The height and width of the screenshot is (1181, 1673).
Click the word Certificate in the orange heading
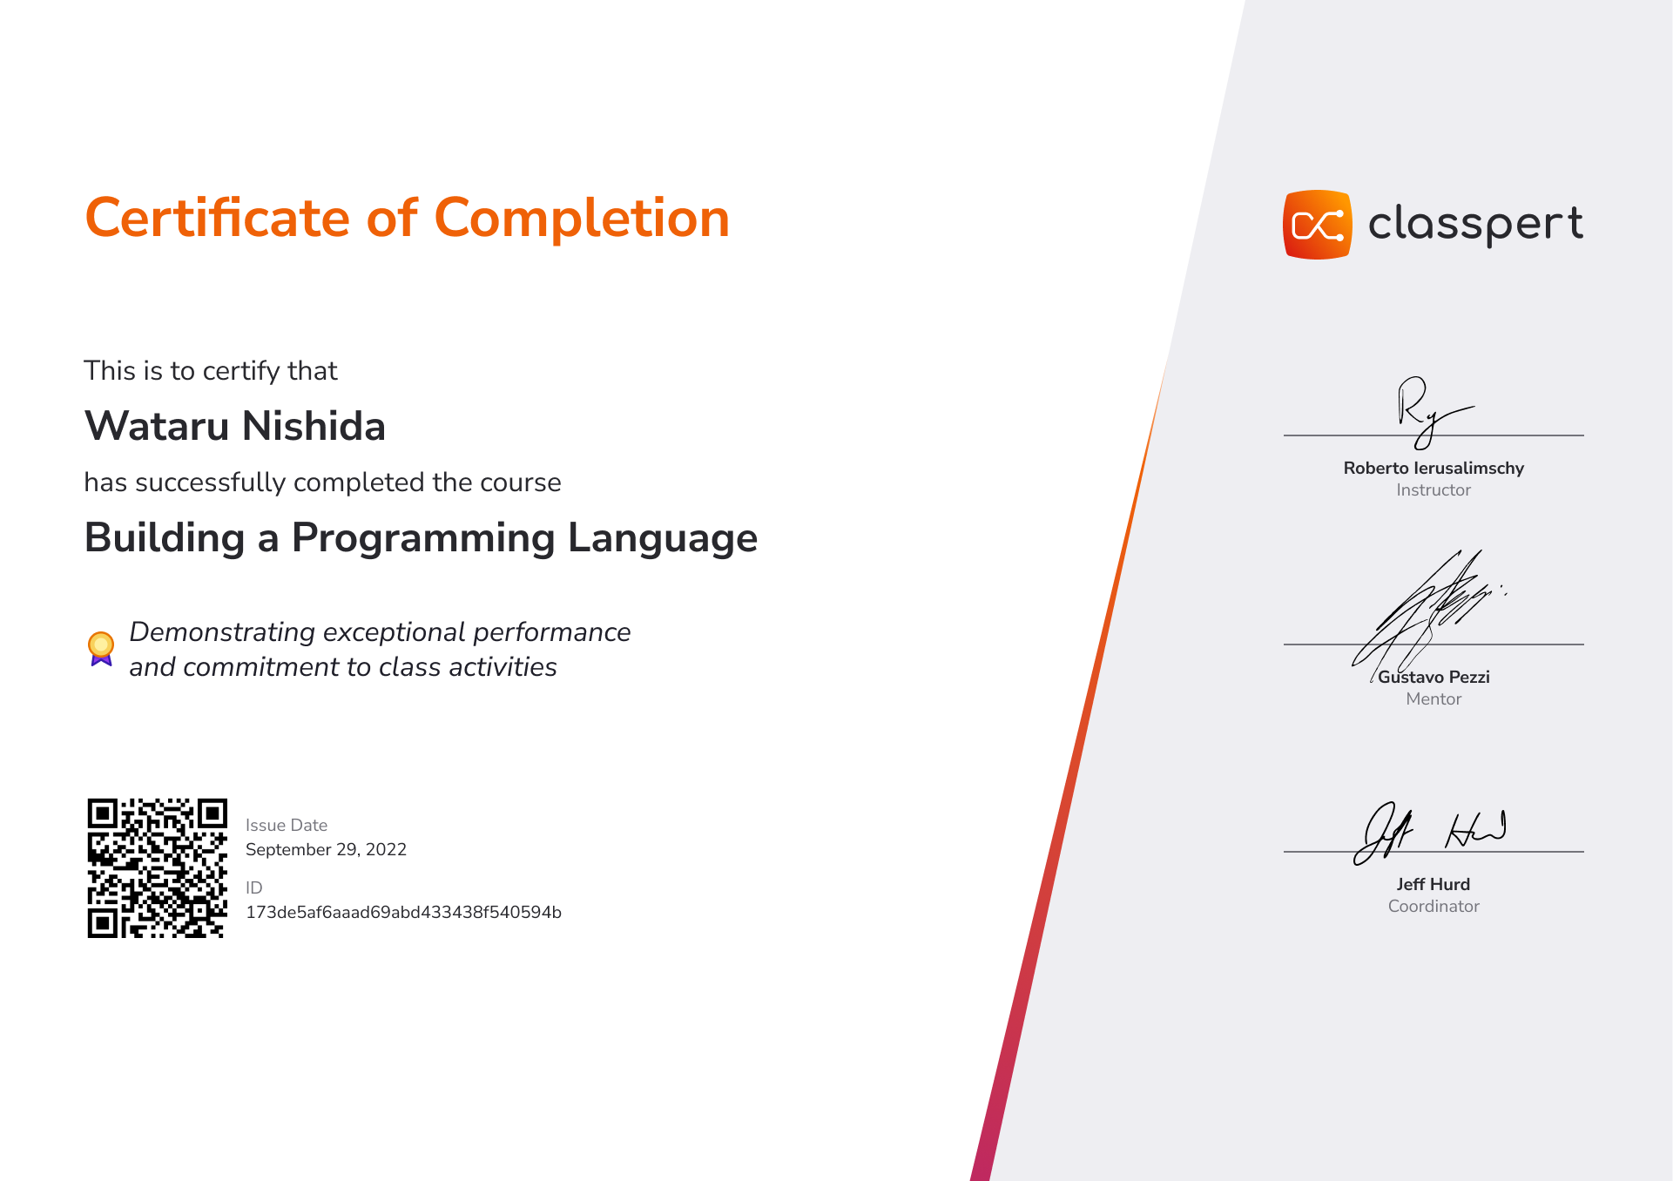point(218,218)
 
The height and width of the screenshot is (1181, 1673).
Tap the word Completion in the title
point(582,218)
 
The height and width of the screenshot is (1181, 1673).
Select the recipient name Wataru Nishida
point(235,426)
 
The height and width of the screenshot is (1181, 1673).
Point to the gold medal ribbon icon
point(101,649)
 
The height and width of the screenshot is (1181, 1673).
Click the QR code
point(158,868)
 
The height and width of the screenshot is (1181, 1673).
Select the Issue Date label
point(287,825)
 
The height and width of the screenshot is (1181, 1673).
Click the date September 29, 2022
point(326,849)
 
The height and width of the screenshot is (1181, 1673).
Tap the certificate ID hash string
point(403,912)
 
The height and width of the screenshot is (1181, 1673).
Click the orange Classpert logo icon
point(1318,225)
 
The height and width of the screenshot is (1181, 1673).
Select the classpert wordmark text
point(1475,225)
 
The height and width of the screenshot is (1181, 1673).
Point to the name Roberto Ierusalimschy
point(1434,468)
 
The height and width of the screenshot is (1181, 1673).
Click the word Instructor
point(1434,490)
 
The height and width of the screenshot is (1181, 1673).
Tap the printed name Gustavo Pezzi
point(1434,677)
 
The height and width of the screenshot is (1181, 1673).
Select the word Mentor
point(1434,699)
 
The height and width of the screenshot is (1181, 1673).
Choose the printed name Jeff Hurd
point(1434,884)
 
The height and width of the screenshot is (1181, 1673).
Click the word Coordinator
point(1434,907)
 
